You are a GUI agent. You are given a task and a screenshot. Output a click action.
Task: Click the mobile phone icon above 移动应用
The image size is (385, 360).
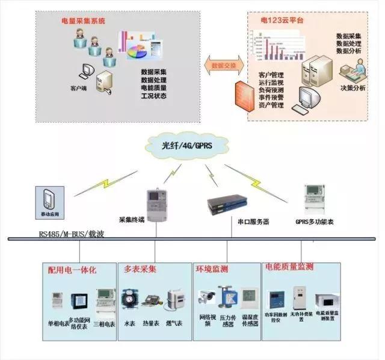click(x=51, y=198)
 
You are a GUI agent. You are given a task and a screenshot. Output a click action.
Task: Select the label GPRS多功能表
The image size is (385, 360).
click(x=315, y=222)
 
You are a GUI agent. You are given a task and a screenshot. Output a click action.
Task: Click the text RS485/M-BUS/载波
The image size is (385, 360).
click(x=72, y=233)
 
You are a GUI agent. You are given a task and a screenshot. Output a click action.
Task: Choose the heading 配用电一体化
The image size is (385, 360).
click(x=72, y=270)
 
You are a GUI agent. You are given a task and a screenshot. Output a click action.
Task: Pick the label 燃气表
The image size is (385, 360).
click(x=174, y=323)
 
